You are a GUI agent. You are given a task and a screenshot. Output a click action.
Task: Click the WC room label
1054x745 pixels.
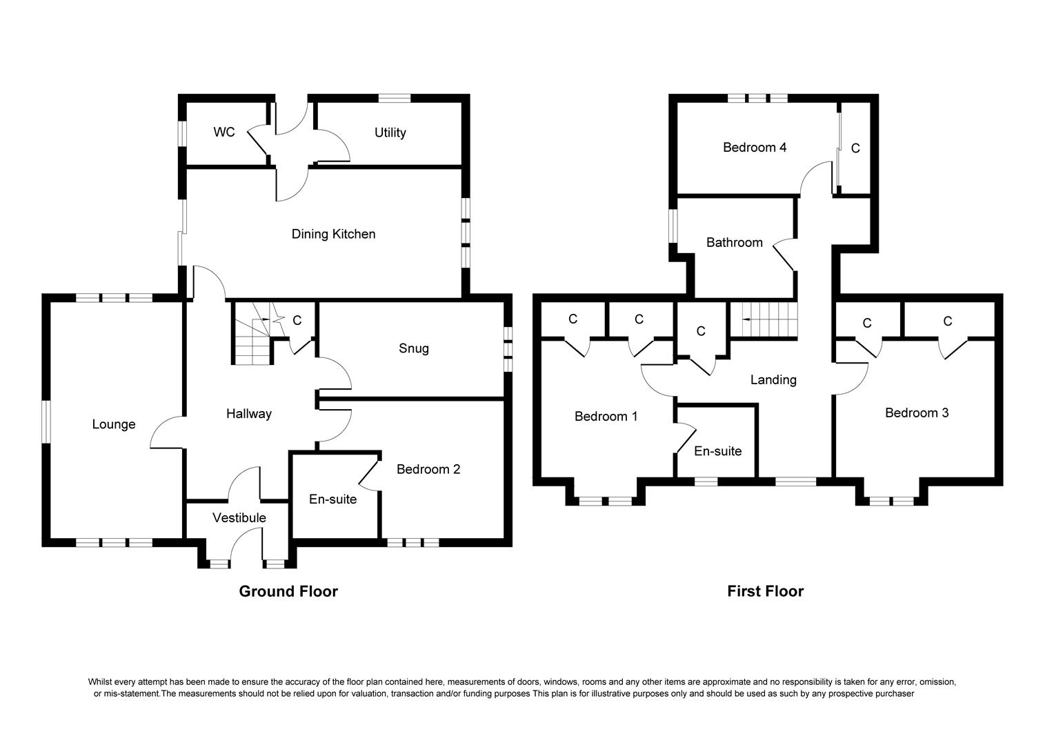[x=224, y=132]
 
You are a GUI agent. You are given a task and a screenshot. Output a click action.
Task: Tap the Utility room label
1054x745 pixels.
[x=390, y=132]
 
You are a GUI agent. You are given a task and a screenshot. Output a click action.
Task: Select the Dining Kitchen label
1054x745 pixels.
[x=334, y=234]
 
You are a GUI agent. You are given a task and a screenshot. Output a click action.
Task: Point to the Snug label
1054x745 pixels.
[x=414, y=348]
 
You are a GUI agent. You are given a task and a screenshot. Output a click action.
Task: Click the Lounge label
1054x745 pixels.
[x=114, y=424]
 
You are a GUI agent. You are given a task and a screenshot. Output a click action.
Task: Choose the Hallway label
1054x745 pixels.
[x=249, y=414]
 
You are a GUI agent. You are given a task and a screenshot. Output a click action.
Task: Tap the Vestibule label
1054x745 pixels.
[x=239, y=517]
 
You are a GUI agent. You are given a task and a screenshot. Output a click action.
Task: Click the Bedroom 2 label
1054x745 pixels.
[x=428, y=469]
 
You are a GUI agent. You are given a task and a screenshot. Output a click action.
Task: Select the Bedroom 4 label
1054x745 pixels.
[x=755, y=148]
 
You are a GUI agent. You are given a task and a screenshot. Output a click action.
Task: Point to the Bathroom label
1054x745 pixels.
[x=735, y=242]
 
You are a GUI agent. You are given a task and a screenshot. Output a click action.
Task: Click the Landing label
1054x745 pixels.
[x=773, y=380]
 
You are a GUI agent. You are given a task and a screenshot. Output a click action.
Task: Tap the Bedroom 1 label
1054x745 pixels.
[x=606, y=417]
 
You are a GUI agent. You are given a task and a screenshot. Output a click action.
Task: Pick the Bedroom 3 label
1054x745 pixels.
[x=917, y=413]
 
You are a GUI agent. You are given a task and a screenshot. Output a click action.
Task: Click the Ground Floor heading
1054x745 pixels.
[x=288, y=591]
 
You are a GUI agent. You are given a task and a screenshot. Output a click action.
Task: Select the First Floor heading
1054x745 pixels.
[x=766, y=590]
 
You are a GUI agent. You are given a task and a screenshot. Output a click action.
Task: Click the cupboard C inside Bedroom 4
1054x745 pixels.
[x=855, y=148]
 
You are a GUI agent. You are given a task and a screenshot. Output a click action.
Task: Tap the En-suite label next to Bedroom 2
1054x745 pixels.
[x=332, y=499]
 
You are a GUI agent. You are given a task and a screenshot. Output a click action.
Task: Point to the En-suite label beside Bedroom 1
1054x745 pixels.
[x=718, y=451]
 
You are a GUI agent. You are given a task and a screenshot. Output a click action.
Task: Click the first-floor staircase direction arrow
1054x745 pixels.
[x=746, y=320]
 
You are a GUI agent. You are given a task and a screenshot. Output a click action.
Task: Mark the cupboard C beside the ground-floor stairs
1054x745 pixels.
[x=297, y=321]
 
